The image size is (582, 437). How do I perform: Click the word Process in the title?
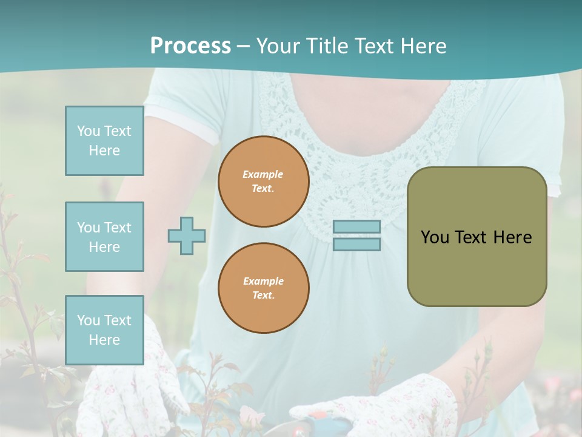pos(190,46)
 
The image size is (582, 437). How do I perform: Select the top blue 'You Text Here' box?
pos(104,141)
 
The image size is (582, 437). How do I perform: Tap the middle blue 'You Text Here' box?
pos(104,237)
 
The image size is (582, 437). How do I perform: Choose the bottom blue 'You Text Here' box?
pos(104,330)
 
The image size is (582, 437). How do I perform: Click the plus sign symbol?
pos(187,235)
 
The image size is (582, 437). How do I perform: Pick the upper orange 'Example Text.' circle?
pos(263,181)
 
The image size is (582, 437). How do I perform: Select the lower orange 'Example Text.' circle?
pos(263,288)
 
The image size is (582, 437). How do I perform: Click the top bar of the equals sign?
pos(356,226)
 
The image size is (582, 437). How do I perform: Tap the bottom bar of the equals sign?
pos(356,245)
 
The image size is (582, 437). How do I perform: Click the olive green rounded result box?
pos(477,267)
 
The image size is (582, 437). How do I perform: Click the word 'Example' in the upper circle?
pos(263,174)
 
